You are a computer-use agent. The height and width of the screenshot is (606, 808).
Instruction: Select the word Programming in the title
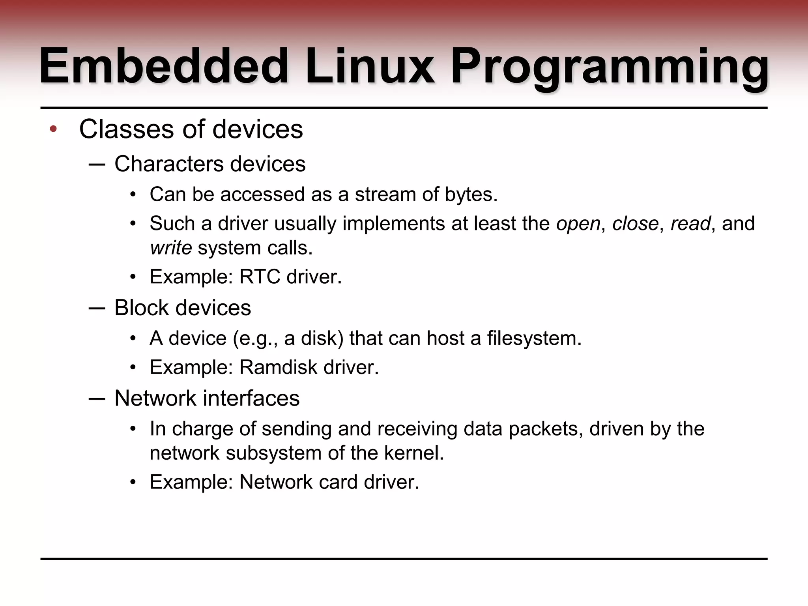[x=610, y=68]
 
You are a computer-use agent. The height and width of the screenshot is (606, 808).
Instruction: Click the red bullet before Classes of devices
[x=54, y=129]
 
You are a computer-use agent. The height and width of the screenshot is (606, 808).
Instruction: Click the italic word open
[x=578, y=224]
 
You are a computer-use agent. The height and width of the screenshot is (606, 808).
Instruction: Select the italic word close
[x=635, y=223]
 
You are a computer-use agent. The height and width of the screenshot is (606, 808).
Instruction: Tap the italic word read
[x=690, y=223]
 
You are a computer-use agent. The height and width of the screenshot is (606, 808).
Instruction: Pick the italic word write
[x=171, y=248]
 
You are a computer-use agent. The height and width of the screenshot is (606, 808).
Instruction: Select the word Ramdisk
[x=278, y=367]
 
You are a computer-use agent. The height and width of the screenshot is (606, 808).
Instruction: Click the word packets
[x=546, y=428]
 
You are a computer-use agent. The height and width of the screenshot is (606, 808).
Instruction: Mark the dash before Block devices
[x=97, y=308]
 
